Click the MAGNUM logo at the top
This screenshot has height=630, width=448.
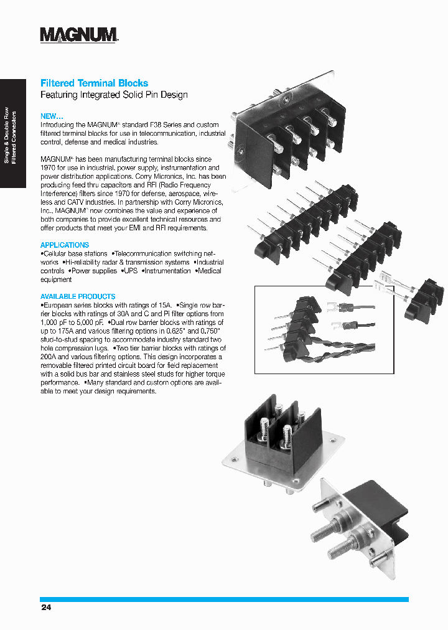[79, 35]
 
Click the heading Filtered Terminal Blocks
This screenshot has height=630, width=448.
[94, 83]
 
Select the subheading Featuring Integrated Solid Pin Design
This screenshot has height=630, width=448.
[114, 95]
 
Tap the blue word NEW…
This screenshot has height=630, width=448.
[52, 116]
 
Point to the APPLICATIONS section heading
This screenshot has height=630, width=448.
[65, 245]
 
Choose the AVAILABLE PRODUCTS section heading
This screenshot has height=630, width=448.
[78, 297]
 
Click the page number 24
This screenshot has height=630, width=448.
[45, 607]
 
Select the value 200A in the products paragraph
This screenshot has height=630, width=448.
[49, 357]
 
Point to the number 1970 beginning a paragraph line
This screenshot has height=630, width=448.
[49, 168]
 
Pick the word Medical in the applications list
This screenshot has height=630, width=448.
[210, 271]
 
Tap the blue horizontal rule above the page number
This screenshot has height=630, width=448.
[224, 599]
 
